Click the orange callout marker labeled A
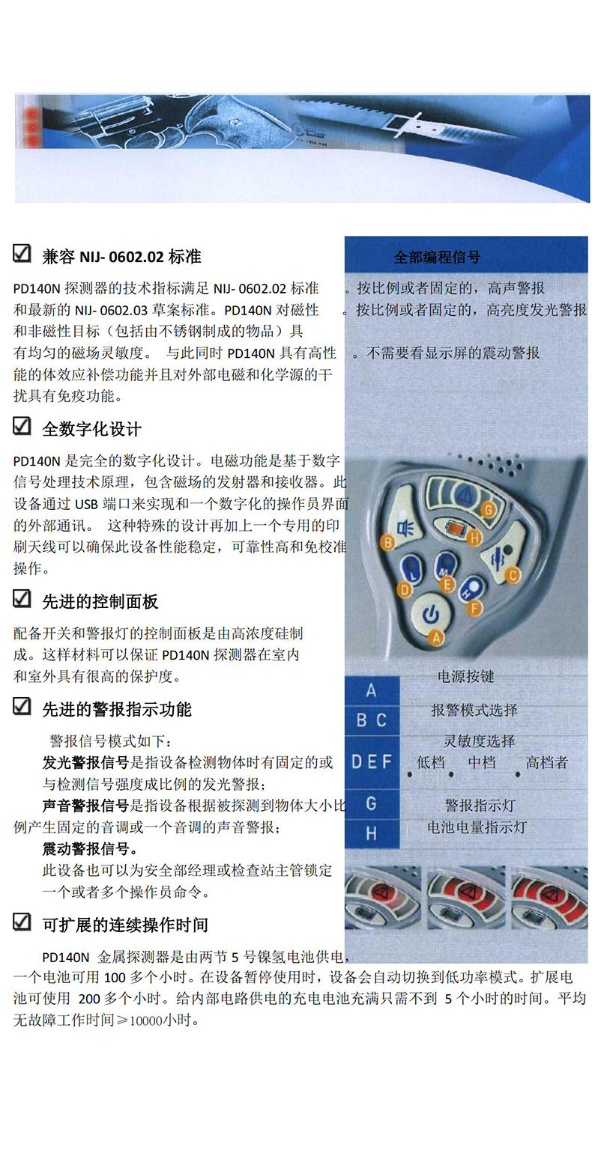pyautogui.click(x=435, y=638)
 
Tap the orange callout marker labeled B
pyautogui.click(x=387, y=543)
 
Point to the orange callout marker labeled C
pyautogui.click(x=513, y=575)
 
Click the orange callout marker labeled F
pyautogui.click(x=474, y=608)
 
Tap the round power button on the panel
pyautogui.click(x=430, y=615)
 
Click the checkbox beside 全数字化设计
pyautogui.click(x=21, y=426)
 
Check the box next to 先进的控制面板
pyautogui.click(x=21, y=599)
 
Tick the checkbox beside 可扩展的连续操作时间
pyautogui.click(x=21, y=922)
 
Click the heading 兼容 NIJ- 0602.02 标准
pyautogui.click(x=122, y=257)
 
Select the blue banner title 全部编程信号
pyautogui.click(x=437, y=257)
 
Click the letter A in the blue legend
pyautogui.click(x=371, y=690)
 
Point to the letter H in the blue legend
pyautogui.click(x=371, y=833)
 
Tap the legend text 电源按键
pyautogui.click(x=466, y=676)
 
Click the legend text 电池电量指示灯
pyautogui.click(x=477, y=827)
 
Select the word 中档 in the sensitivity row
pyautogui.click(x=482, y=762)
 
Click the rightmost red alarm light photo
pyautogui.click(x=549, y=897)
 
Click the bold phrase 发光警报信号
pyautogui.click(x=85, y=762)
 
